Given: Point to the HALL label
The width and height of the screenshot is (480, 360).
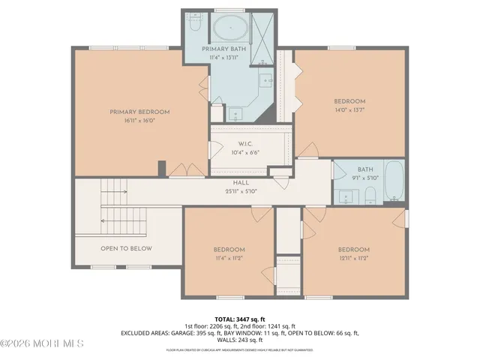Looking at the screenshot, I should [x=241, y=183].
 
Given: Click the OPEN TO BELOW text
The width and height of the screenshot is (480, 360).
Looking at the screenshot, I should [x=126, y=248].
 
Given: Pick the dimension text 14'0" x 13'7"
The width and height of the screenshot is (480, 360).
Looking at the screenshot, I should [x=349, y=109].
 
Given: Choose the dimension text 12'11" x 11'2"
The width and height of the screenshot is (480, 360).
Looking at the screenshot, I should [x=353, y=258].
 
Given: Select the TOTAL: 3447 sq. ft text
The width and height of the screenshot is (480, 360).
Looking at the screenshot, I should [x=240, y=319].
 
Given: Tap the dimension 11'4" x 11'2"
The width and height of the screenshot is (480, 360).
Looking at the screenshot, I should [x=229, y=258].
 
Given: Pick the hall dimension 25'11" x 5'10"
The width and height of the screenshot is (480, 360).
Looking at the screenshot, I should [x=241, y=191].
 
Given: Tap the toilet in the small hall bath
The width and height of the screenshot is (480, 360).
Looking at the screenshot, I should [x=370, y=196].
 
